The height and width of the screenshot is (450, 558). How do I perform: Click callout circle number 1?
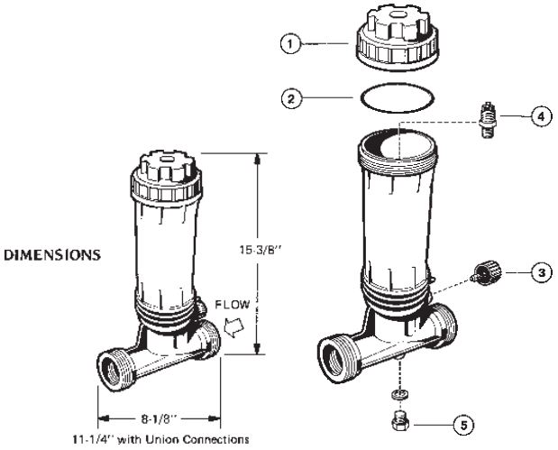click(290, 44)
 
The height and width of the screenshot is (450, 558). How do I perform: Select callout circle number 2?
click(291, 98)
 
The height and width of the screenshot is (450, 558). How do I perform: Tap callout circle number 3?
click(542, 272)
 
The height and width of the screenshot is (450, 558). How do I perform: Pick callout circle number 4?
click(541, 116)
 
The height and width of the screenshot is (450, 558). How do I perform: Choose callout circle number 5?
click(463, 425)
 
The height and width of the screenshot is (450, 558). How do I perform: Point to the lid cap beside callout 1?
click(398, 37)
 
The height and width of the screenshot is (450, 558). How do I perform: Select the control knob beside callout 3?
click(488, 272)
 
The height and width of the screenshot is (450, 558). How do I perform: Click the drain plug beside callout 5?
click(400, 421)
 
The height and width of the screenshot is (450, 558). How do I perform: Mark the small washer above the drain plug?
click(399, 394)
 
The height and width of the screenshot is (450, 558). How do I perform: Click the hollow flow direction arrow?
click(233, 326)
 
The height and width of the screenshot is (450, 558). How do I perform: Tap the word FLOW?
click(233, 305)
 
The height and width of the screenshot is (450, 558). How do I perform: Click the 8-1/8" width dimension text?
click(159, 419)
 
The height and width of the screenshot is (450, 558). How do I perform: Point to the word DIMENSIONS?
click(52, 255)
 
